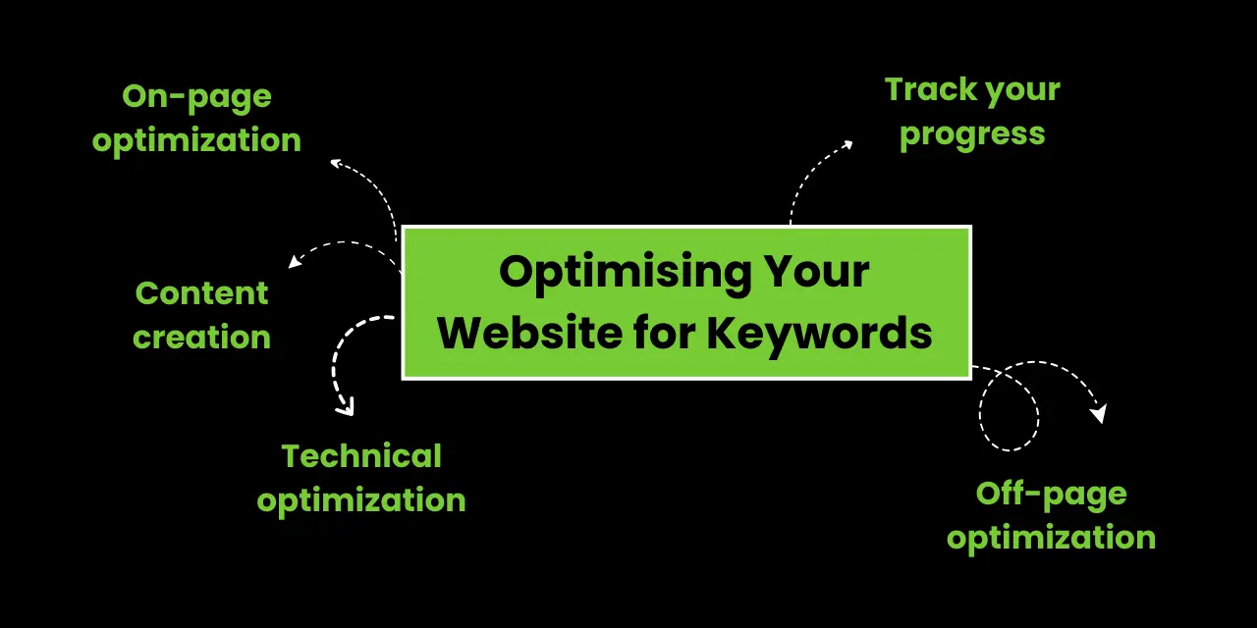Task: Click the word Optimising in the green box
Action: (626, 274)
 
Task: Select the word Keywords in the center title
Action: (819, 335)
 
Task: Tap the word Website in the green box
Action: (529, 333)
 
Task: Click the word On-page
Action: (197, 97)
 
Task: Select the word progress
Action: (972, 135)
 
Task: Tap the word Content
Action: (202, 293)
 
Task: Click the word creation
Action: (202, 337)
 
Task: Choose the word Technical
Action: (361, 456)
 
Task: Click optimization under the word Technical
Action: (361, 501)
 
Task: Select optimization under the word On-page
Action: (197, 140)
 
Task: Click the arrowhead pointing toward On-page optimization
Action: (336, 163)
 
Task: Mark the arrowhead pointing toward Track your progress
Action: (847, 144)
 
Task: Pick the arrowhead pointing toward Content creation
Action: (294, 262)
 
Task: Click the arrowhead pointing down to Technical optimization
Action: (346, 408)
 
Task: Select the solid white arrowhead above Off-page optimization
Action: (1099, 413)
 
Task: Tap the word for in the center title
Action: (665, 333)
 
